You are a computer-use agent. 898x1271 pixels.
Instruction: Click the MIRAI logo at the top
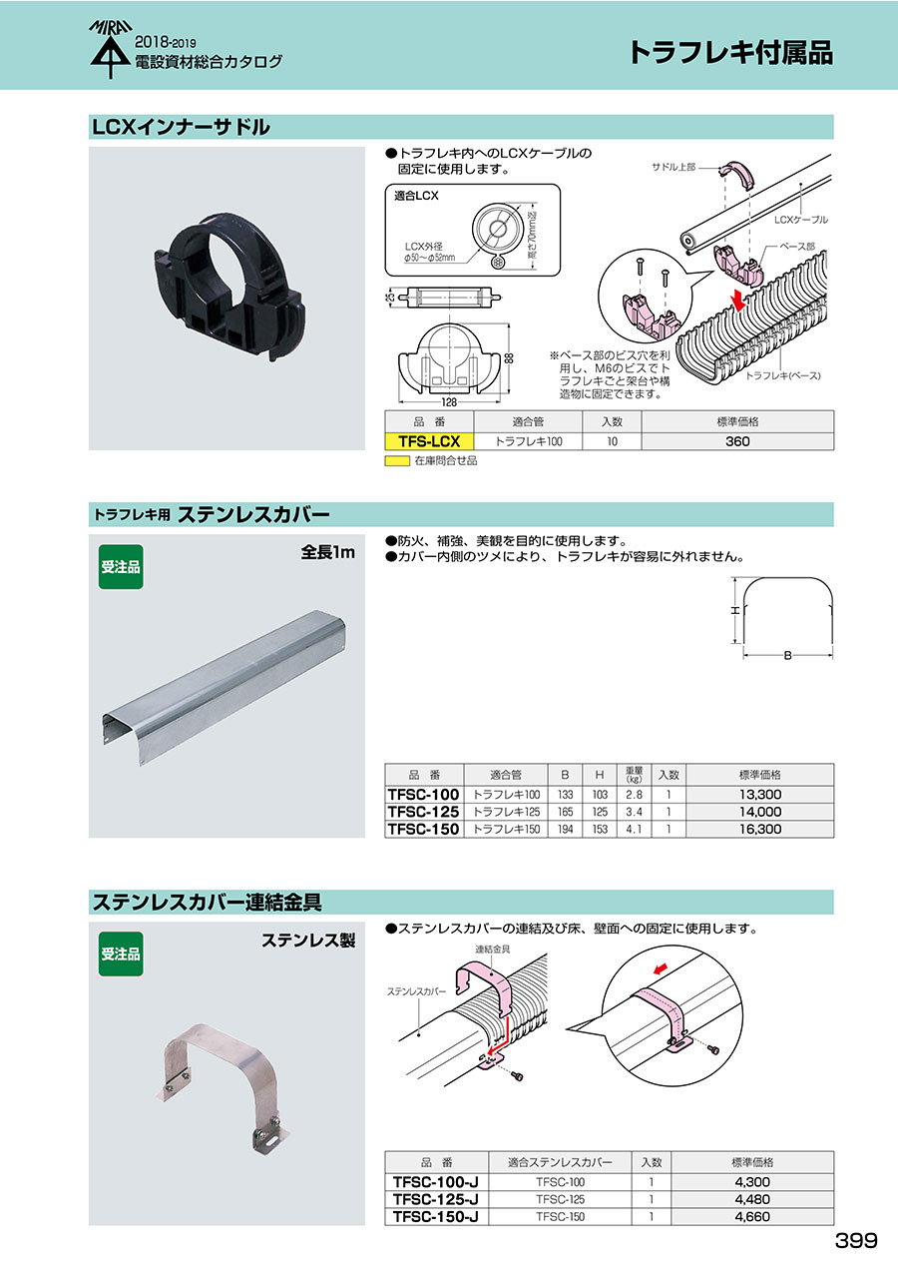point(111,49)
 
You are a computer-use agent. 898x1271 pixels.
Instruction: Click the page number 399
point(855,1241)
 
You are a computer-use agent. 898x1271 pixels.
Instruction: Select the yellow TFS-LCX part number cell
point(429,441)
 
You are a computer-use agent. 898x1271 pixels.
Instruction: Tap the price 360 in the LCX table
point(737,441)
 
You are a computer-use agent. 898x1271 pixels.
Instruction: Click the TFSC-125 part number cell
point(423,812)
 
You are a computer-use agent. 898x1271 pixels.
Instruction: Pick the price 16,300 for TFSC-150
point(760,829)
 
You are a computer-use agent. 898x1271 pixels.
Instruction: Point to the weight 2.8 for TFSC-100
point(634,795)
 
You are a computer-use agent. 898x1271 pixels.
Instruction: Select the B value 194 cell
point(565,829)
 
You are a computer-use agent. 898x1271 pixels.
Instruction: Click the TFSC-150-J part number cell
point(436,1216)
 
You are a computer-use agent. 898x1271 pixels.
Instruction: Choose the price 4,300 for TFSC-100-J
point(752,1182)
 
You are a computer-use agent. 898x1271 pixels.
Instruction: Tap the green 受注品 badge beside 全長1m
point(121,567)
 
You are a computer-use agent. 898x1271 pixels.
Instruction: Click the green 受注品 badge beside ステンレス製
point(121,953)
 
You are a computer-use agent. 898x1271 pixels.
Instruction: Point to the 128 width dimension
point(449,402)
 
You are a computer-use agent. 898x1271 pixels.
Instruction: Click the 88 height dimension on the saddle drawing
point(509,358)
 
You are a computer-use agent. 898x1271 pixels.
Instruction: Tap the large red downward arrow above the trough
point(738,300)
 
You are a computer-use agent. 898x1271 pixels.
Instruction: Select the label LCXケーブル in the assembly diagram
point(801,220)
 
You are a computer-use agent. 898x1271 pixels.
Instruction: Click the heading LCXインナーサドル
point(181,127)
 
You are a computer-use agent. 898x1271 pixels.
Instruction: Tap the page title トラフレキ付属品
point(731,52)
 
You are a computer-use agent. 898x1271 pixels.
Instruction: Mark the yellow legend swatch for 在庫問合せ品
point(397,460)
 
